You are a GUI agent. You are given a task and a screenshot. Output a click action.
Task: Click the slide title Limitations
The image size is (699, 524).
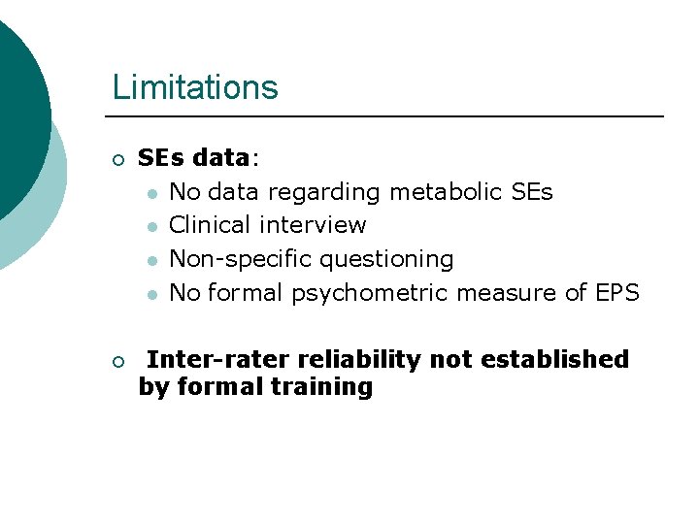coord(195,87)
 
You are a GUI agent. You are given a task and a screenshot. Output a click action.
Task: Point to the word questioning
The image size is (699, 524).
coord(386,260)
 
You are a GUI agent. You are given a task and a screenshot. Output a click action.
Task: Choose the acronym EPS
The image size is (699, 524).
coord(616,292)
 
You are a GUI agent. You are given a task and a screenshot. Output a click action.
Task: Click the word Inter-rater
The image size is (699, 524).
coord(218,359)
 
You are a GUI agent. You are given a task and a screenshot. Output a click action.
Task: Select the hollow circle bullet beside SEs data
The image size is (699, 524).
coord(117,159)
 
